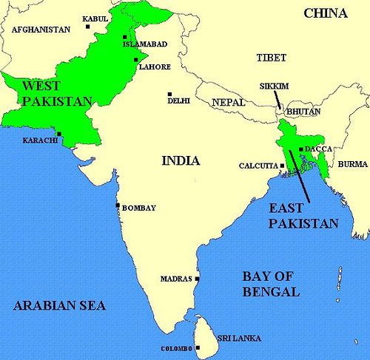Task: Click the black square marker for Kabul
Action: pyautogui.click(x=88, y=27)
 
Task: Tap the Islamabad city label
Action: pyautogui.click(x=145, y=44)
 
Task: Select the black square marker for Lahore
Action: pyautogui.click(x=135, y=59)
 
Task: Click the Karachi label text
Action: pyautogui.click(x=40, y=140)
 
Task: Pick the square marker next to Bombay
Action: pyautogui.click(x=118, y=205)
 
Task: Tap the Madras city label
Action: pyautogui.click(x=176, y=279)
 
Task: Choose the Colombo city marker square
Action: pyautogui.click(x=198, y=347)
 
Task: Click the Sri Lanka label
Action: pyautogui.click(x=238, y=338)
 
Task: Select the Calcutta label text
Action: pyautogui.click(x=256, y=166)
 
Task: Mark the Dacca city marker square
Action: pyautogui.click(x=300, y=149)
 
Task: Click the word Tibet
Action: pyautogui.click(x=271, y=58)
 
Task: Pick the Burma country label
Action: pyautogui.click(x=352, y=164)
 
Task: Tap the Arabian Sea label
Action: pyautogui.click(x=59, y=305)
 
